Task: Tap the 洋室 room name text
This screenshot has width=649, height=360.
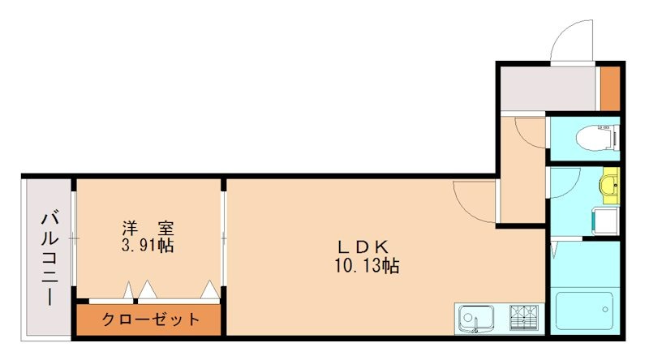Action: (148, 229)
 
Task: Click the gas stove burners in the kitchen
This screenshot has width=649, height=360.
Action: (524, 316)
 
